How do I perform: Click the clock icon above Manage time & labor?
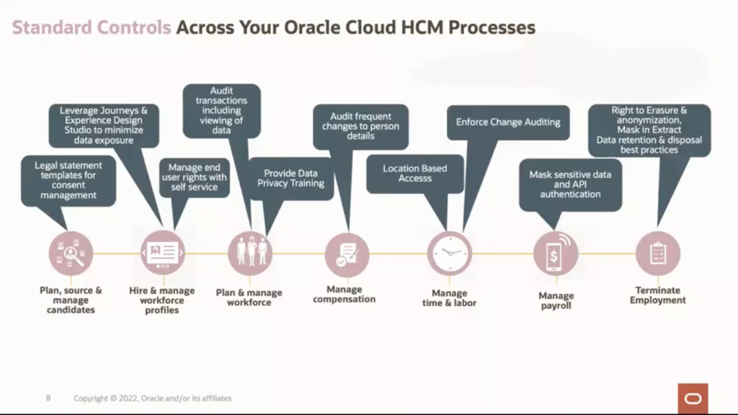coord(449,254)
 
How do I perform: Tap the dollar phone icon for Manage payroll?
coord(556,254)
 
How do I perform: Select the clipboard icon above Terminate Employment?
coord(657,254)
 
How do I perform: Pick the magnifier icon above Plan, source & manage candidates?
coord(70,254)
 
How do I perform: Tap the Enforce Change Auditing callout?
coord(507,122)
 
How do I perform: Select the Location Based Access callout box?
coord(414,173)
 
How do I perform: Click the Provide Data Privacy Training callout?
coord(290,178)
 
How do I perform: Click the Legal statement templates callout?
coord(68,180)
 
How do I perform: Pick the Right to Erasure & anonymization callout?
coord(649,130)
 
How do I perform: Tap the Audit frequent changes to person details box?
coord(360,126)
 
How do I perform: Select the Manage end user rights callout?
coord(194,177)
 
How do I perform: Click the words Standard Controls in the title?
coord(91,28)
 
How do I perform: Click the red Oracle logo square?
coord(693,398)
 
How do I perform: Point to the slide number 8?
coord(48,398)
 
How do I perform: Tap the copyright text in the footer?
coord(153,398)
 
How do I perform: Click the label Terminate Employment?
coord(657,295)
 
